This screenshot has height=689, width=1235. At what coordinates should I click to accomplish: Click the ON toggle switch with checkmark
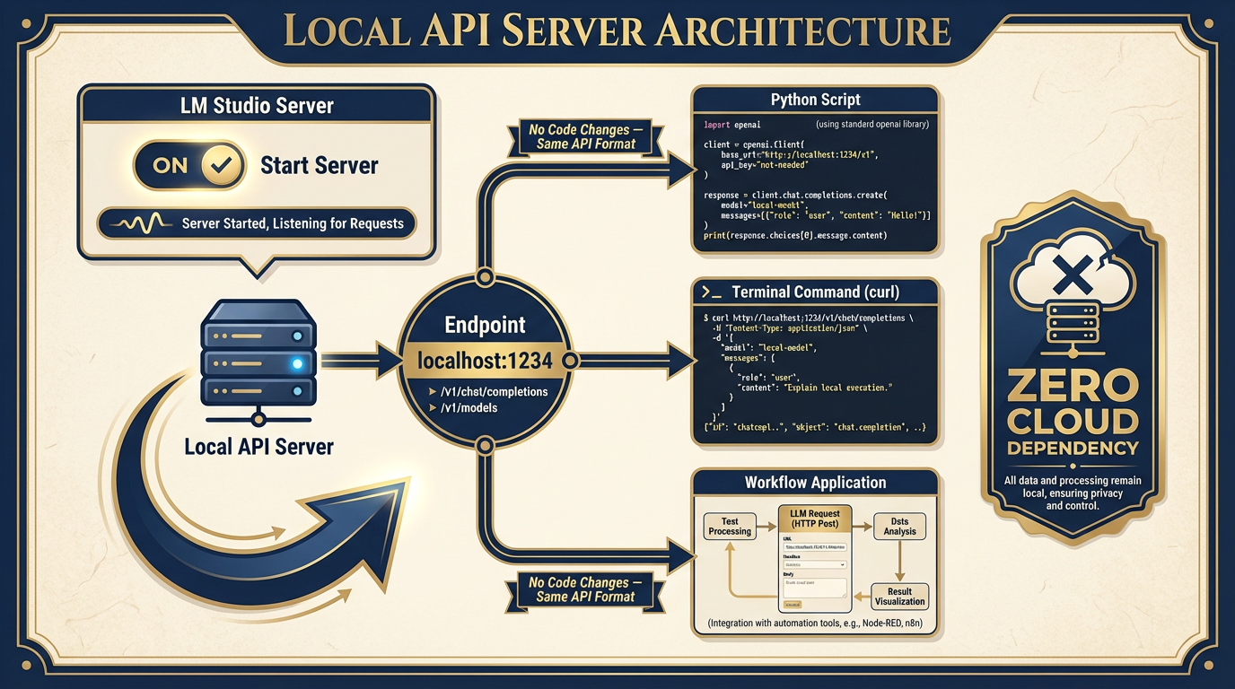click(x=188, y=165)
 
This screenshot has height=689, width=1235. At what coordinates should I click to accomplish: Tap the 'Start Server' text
click(x=319, y=166)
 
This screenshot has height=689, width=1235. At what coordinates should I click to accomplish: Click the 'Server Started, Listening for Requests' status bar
click(x=257, y=223)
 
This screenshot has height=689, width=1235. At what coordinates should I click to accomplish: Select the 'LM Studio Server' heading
click(x=257, y=106)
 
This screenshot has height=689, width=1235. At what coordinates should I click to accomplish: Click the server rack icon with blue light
click(x=258, y=362)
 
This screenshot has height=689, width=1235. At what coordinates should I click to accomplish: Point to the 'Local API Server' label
click(x=258, y=446)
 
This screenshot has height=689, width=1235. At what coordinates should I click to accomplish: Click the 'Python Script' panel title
click(x=815, y=100)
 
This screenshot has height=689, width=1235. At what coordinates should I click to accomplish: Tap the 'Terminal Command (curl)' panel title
click(x=815, y=292)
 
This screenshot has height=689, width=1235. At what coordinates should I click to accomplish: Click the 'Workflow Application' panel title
click(x=815, y=483)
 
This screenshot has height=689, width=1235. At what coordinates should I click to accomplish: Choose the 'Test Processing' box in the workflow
click(x=730, y=527)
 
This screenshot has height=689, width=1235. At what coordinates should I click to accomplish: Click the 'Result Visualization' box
click(x=899, y=597)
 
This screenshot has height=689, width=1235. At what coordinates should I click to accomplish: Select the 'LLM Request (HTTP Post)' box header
click(x=815, y=519)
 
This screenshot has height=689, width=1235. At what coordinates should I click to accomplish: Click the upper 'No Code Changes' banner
click(x=585, y=137)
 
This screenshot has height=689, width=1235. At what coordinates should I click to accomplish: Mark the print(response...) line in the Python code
click(x=790, y=235)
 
